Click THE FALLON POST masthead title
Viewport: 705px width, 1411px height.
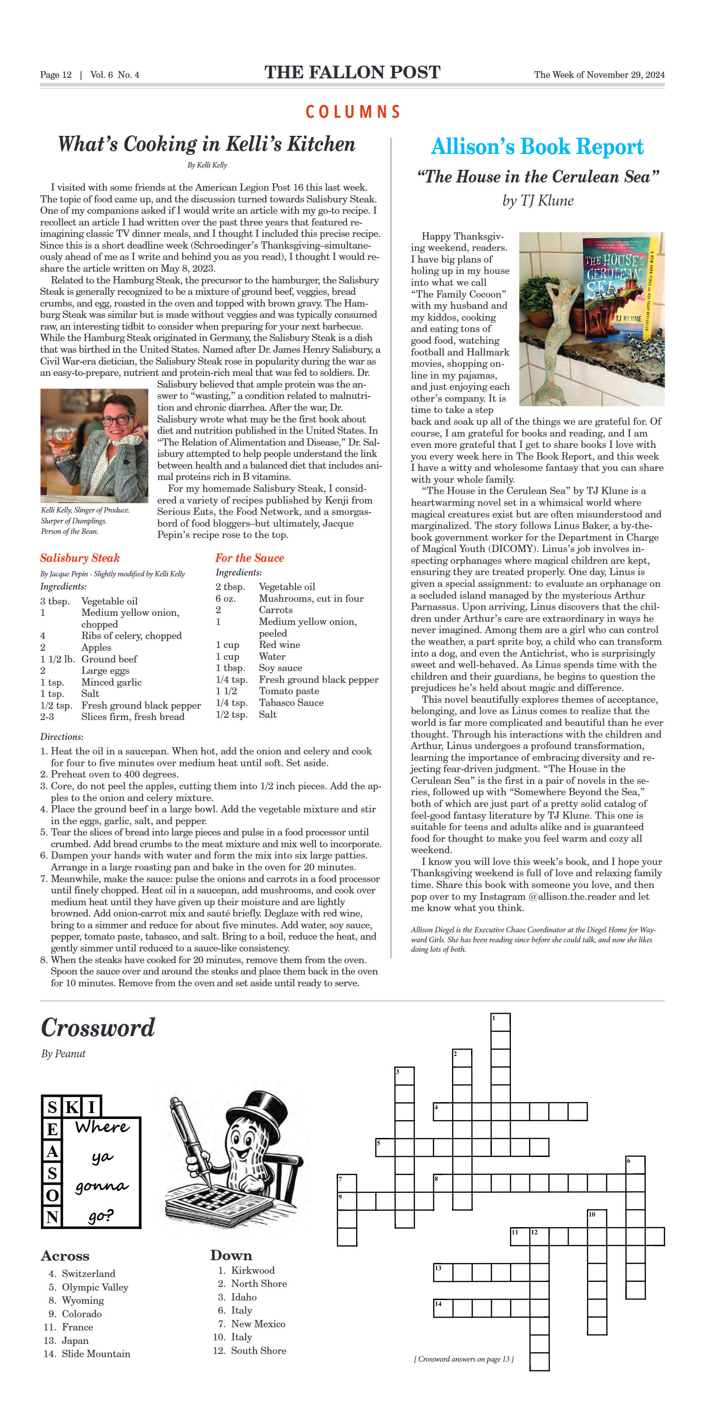(x=352, y=72)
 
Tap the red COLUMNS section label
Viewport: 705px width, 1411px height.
(x=352, y=112)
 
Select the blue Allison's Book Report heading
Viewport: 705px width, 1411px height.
(x=537, y=147)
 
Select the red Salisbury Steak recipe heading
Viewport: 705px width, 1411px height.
(x=80, y=557)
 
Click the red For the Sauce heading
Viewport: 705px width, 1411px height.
(x=250, y=557)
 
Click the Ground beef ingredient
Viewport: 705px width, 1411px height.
(x=109, y=659)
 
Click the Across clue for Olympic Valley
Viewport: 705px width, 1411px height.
(x=95, y=1286)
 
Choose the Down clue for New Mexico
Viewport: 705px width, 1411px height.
(x=258, y=1323)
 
